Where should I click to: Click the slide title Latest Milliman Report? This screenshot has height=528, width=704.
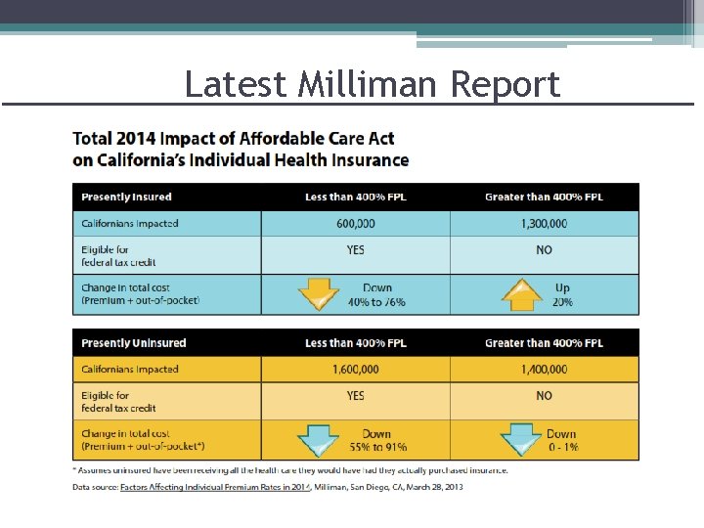[x=373, y=84]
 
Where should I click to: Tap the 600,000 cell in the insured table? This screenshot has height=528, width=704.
[x=355, y=224]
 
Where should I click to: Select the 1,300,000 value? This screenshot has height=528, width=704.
[x=544, y=224]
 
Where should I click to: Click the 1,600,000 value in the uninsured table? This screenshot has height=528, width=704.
[x=355, y=370]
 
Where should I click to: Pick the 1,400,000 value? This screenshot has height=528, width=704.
[x=544, y=370]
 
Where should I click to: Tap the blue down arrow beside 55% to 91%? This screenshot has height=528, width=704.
[x=319, y=441]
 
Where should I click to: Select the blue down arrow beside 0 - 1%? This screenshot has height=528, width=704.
[x=522, y=441]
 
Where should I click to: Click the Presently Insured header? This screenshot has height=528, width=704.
[x=126, y=198]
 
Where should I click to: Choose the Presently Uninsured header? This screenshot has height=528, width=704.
[x=133, y=343]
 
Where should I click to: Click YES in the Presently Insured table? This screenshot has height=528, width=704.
[x=355, y=250]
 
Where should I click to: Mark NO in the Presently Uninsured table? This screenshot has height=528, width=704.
[x=544, y=396]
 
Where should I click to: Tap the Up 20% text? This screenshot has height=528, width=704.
[x=561, y=295]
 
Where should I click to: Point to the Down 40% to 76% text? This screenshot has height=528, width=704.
[x=376, y=295]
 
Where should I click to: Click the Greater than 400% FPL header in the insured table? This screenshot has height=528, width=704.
[x=544, y=198]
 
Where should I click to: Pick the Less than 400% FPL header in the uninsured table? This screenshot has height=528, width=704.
[x=355, y=343]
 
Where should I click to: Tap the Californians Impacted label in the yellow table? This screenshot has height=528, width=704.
[x=129, y=370]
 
